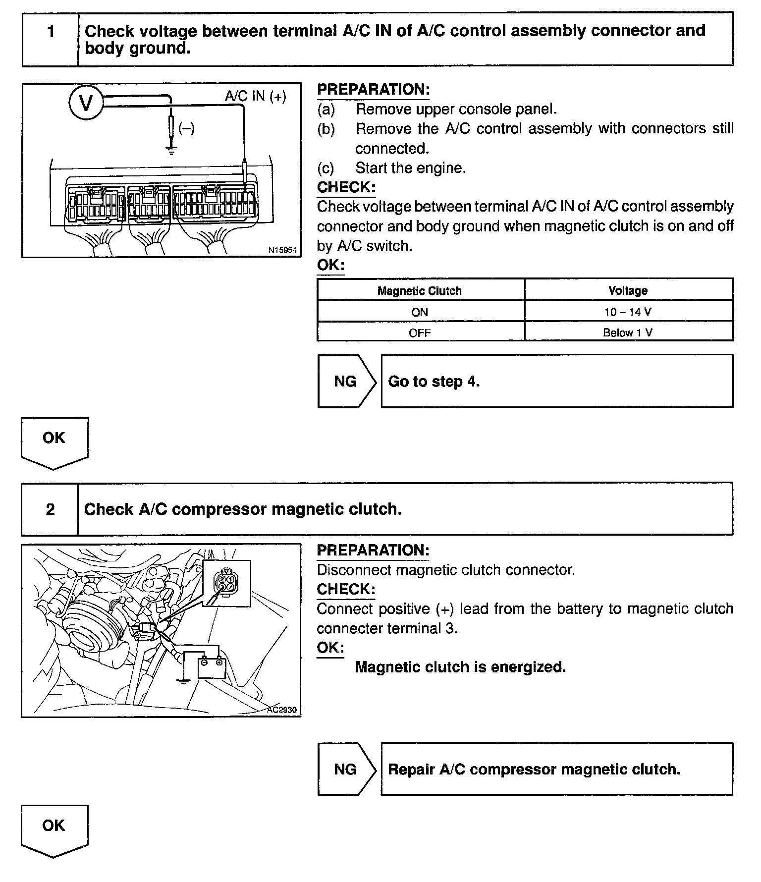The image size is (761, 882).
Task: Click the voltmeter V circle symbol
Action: pyautogui.click(x=86, y=104)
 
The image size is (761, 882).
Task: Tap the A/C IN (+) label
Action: pyautogui.click(x=256, y=96)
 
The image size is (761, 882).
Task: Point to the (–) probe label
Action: pyautogui.click(x=186, y=128)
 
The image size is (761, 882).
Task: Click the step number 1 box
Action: pyautogui.click(x=51, y=32)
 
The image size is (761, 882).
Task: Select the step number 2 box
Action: pyautogui.click(x=50, y=509)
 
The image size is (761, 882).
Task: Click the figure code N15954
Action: pyautogui.click(x=282, y=250)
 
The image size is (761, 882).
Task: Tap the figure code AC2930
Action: pyautogui.click(x=281, y=710)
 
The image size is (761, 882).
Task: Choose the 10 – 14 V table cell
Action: pyautogui.click(x=628, y=312)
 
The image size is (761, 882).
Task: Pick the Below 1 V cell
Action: pyautogui.click(x=628, y=332)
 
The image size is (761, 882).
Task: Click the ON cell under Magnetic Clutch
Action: pyautogui.click(x=420, y=312)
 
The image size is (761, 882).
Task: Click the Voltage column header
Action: pyautogui.click(x=628, y=290)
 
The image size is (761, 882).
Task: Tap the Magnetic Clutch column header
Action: pyautogui.click(x=420, y=291)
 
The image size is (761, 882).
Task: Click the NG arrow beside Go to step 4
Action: pyautogui.click(x=346, y=381)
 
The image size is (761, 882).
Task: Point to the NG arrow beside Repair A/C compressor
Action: pyautogui.click(x=346, y=769)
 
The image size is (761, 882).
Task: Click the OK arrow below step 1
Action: pyautogui.click(x=54, y=441)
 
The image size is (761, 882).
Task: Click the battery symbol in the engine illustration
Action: pyautogui.click(x=212, y=667)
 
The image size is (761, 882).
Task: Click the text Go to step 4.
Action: pyautogui.click(x=434, y=381)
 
